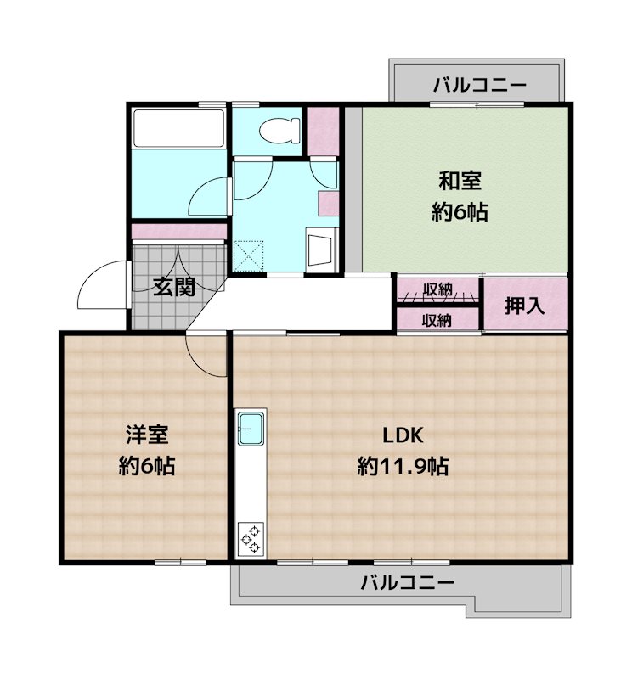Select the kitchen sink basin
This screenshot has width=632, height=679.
252,429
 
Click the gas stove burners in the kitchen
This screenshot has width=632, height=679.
251,537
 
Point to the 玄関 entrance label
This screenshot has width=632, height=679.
174,286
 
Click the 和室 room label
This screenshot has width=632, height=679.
460,181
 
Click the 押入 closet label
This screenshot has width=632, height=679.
524,306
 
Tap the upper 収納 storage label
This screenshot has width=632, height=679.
437,291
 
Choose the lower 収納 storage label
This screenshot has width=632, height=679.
437,320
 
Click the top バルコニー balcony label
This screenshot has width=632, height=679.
479,85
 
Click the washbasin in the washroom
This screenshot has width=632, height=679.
322,250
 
